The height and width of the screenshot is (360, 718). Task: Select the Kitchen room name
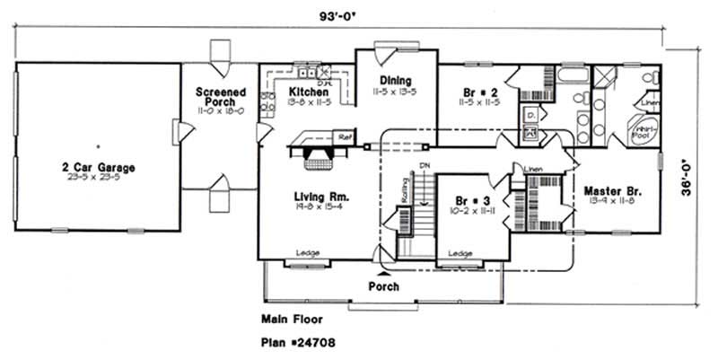click(307, 92)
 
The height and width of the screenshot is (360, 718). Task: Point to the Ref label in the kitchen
click(344, 136)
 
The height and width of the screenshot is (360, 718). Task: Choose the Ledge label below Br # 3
click(460, 252)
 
